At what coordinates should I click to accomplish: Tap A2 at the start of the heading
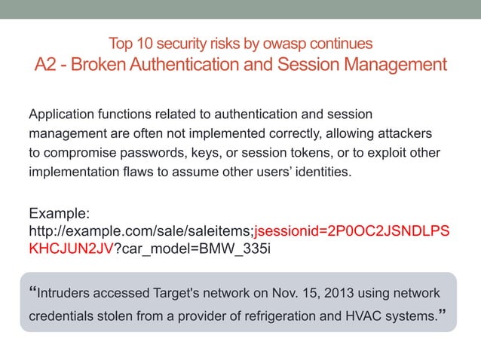(x=48, y=64)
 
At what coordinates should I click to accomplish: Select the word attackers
(x=405, y=134)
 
